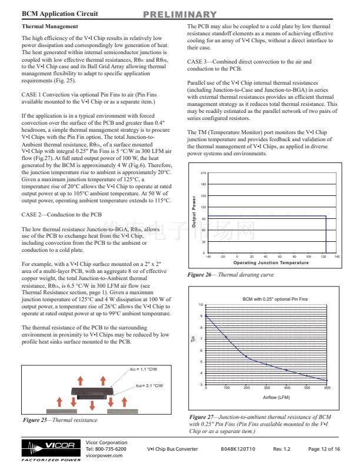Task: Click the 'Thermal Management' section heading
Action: pos(49,26)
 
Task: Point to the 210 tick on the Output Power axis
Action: pos(204,173)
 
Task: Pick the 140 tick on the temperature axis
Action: pos(337,257)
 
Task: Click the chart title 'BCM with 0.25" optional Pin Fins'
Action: pos(275,299)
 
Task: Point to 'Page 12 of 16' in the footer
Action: pos(324,449)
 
